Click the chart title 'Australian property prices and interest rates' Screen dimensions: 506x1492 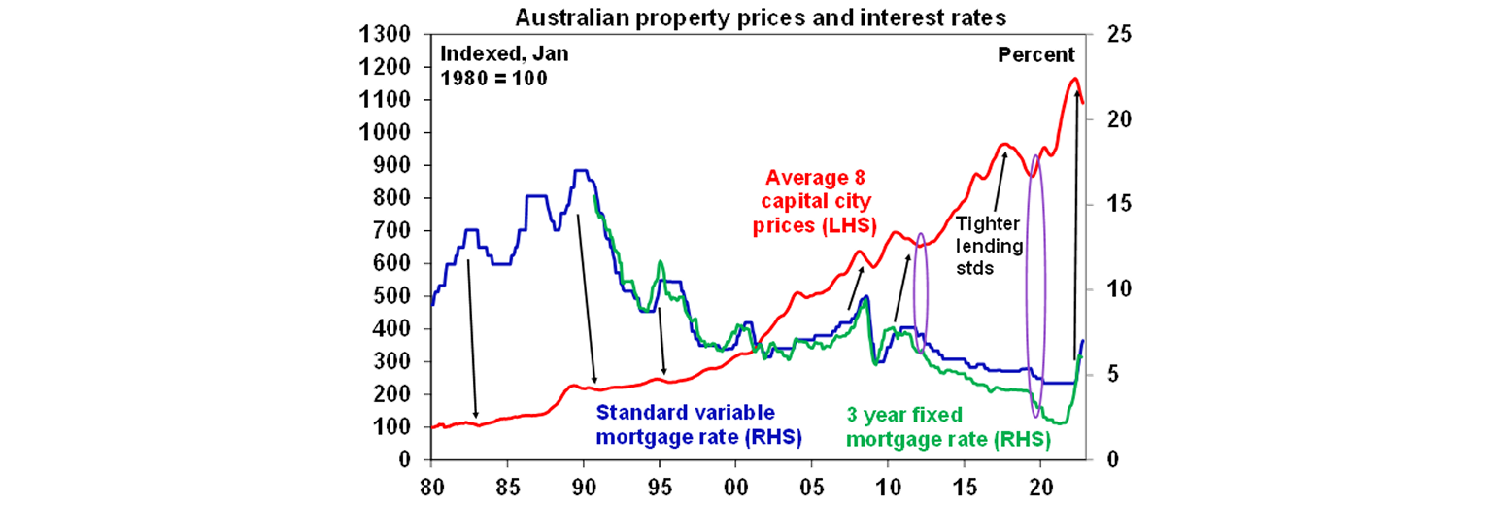pos(746,17)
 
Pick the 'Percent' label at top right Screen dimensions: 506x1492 pos(1036,55)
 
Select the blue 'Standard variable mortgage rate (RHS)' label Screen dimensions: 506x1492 pos(698,423)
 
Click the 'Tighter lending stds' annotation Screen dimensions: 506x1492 pos(990,246)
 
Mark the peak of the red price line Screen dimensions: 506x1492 pos(1073,79)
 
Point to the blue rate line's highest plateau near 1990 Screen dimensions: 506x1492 pos(582,171)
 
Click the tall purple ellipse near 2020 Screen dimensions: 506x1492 pos(1035,285)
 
